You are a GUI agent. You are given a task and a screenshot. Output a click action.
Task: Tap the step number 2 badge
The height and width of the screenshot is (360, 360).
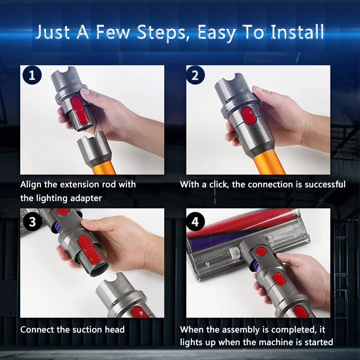pos(195,75)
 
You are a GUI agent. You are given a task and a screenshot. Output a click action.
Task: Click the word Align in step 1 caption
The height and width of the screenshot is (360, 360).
pos(31,184)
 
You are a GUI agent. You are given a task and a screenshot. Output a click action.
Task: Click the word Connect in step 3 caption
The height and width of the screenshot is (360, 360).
pos(38,329)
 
